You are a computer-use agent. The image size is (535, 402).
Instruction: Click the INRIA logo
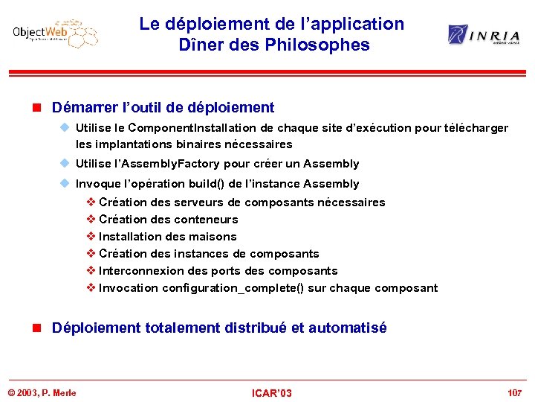coord(483,34)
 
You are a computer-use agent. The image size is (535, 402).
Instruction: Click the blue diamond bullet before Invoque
coord(65,184)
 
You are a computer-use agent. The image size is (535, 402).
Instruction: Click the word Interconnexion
coord(143,271)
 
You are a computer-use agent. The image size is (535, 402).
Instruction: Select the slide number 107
coord(514,392)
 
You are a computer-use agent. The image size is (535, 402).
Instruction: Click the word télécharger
coord(476,128)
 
